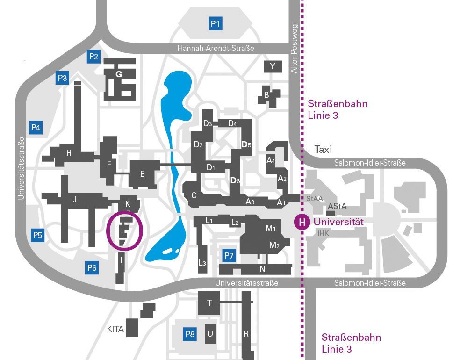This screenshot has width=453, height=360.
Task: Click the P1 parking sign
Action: [216, 23]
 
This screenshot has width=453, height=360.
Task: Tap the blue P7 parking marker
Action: [229, 255]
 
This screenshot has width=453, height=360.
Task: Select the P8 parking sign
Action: [190, 334]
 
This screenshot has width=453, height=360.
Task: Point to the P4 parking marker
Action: [36, 128]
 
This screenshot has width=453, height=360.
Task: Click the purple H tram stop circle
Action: [302, 222]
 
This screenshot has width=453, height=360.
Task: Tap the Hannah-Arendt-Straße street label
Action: [216, 48]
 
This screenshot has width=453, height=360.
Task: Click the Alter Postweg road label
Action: [294, 49]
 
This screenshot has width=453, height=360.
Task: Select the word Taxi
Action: [323, 149]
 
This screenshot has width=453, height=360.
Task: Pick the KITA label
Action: [115, 329]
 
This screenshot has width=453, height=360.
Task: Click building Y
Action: [273, 66]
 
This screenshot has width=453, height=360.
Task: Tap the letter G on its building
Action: [118, 74]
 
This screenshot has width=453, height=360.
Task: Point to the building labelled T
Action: [209, 303]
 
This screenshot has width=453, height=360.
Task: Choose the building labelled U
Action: [210, 334]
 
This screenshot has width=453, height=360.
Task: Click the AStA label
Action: [337, 206]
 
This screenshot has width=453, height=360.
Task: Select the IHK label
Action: [323, 233]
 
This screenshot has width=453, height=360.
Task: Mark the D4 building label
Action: [232, 123]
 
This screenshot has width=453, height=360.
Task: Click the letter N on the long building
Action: [262, 269]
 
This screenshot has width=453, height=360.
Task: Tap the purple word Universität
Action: [338, 222]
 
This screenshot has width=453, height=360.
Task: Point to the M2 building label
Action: [274, 245]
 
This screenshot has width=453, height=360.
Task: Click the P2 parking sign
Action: [93, 57]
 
